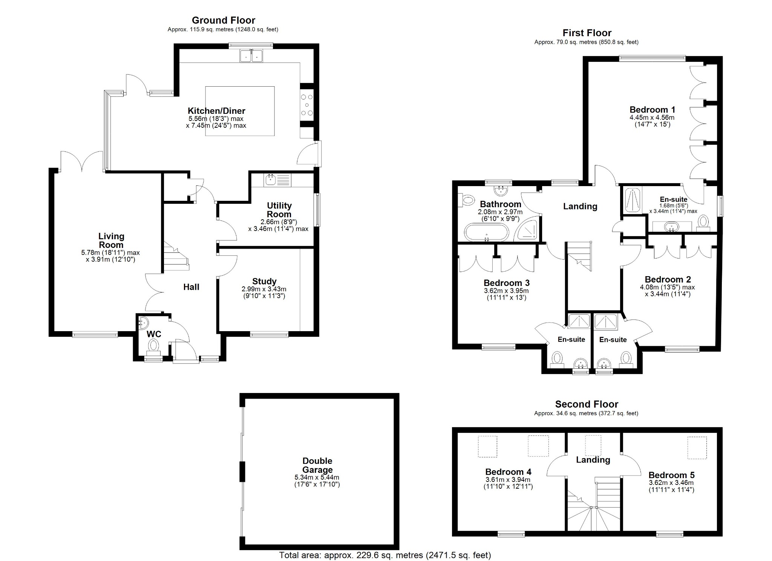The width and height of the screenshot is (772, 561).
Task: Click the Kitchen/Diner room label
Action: point(216,111)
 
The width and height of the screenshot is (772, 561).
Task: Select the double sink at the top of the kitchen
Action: point(251,56)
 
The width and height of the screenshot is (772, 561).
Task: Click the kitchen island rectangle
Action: point(240,94)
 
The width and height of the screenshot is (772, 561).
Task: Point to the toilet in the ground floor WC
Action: point(153,345)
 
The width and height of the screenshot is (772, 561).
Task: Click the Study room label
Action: point(264,281)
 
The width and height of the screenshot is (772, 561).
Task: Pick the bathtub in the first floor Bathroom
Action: point(486,232)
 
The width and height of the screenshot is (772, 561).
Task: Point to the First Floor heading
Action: point(587,33)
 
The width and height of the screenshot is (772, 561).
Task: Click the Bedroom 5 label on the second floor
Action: point(671,475)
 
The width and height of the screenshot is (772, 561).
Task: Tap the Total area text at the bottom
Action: point(385,555)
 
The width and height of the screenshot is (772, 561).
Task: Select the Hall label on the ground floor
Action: point(191,287)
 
